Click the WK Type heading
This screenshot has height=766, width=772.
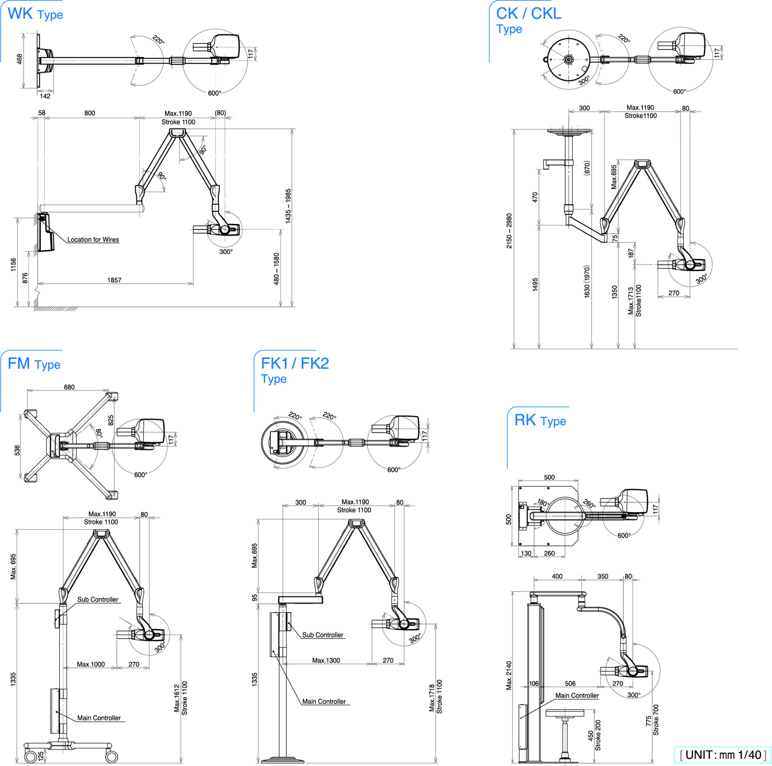(35, 14)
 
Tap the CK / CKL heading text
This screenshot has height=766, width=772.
(528, 14)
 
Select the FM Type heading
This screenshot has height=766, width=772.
(34, 364)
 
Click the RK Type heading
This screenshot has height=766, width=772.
(540, 421)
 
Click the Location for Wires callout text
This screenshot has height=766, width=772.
(93, 240)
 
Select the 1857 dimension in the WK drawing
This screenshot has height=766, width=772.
(114, 280)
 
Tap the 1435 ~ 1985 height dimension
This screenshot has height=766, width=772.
(288, 206)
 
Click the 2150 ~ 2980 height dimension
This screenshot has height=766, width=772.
(509, 231)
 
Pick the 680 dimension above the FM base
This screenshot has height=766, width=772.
(69, 387)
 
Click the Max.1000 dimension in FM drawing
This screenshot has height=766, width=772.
(91, 664)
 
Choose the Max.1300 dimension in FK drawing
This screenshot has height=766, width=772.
(326, 660)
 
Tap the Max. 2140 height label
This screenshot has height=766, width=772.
(509, 676)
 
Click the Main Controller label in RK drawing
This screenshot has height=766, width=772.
(577, 695)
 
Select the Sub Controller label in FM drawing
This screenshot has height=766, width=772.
(98, 599)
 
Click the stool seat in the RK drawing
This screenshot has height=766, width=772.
(565, 713)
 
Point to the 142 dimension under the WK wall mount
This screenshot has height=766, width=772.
(45, 96)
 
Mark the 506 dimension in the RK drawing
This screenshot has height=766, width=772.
(570, 684)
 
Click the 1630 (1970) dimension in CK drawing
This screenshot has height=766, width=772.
(587, 281)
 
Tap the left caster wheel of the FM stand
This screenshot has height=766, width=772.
(31, 756)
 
